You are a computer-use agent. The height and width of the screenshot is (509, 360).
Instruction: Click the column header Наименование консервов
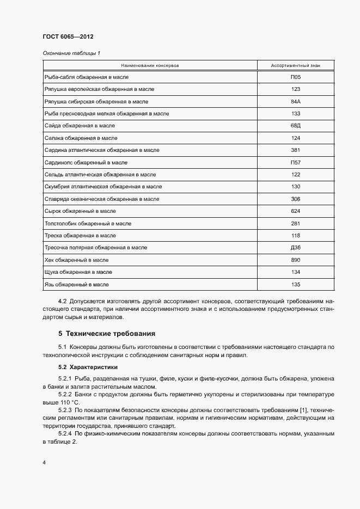pyautogui.click(x=150, y=66)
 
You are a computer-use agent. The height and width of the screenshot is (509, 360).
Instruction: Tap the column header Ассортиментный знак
pyautogui.click(x=296, y=66)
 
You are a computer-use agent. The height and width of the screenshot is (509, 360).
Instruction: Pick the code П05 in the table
pyautogui.click(x=296, y=77)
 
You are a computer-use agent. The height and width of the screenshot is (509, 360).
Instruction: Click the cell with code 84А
pyautogui.click(x=296, y=102)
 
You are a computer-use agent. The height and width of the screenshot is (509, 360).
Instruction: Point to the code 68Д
pyautogui.click(x=296, y=126)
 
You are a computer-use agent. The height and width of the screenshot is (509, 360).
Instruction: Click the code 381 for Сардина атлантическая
pyautogui.click(x=296, y=150)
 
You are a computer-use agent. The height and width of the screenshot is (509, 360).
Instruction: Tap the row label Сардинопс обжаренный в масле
pyautogui.click(x=86, y=163)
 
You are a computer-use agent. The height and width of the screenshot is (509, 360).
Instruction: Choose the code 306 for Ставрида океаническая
pyautogui.click(x=296, y=199)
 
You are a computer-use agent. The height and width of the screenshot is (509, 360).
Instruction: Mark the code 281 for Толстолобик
pyautogui.click(x=296, y=224)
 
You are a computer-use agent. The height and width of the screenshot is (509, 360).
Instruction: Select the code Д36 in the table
pyautogui.click(x=296, y=248)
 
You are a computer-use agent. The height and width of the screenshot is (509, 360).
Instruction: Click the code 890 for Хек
pyautogui.click(x=296, y=260)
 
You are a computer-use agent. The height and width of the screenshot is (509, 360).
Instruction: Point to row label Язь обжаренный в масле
pyautogui.click(x=76, y=285)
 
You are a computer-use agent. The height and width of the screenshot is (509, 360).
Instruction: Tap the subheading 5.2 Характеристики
pyautogui.click(x=88, y=367)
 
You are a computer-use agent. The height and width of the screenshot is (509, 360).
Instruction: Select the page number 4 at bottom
pyautogui.click(x=44, y=463)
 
